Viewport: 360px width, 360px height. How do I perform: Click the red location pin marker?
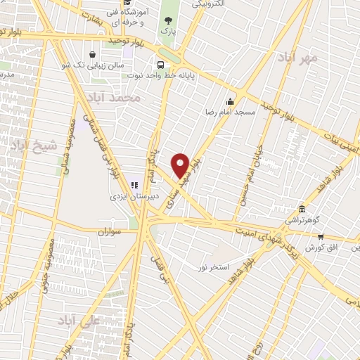[181, 165]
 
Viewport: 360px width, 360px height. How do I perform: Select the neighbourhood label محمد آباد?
[117, 98]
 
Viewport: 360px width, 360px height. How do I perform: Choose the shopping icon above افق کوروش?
[321, 237]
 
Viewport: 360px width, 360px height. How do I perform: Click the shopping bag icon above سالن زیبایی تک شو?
[93, 54]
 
